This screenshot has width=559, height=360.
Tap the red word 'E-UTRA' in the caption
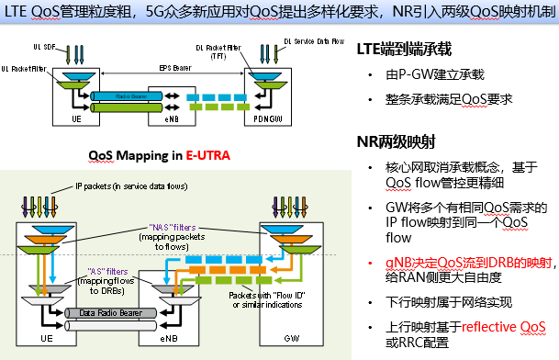pos(207,155)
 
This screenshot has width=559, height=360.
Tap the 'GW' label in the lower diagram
pos(286,338)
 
